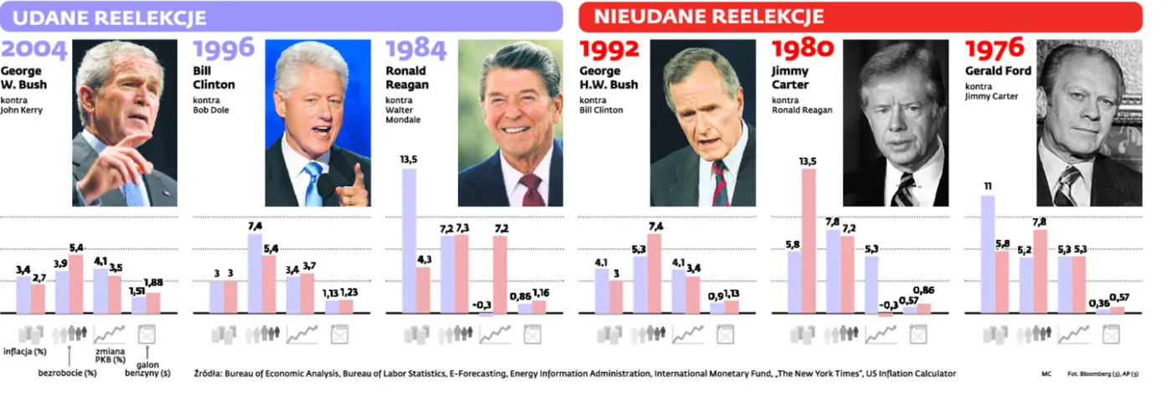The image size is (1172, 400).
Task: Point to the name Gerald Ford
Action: click(x=998, y=71)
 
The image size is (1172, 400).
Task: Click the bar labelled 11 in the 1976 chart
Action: click(x=987, y=254)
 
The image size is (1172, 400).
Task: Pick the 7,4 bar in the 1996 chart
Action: click(x=255, y=274)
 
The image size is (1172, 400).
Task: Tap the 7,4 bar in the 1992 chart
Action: click(x=654, y=274)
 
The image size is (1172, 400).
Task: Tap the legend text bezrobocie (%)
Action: click(x=68, y=372)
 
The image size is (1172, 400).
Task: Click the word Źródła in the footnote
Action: click(x=208, y=372)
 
